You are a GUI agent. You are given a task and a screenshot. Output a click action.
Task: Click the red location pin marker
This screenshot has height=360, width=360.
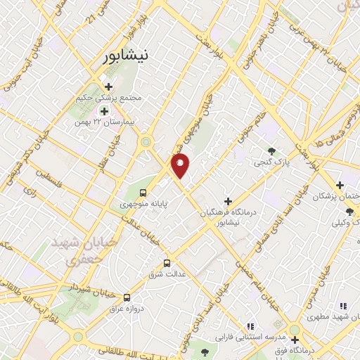tap(181, 166)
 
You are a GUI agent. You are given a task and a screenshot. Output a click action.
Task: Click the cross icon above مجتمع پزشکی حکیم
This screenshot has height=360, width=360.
tap(108, 86)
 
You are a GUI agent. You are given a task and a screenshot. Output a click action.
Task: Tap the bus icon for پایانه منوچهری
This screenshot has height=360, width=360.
tap(143, 193)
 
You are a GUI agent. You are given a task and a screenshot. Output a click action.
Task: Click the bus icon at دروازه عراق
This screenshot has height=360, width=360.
tap(127, 297)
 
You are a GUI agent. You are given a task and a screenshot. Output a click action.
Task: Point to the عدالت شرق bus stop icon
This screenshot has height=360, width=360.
tap(167, 264)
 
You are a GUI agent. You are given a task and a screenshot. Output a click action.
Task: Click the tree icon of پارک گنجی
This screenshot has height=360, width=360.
tap(271, 150)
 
